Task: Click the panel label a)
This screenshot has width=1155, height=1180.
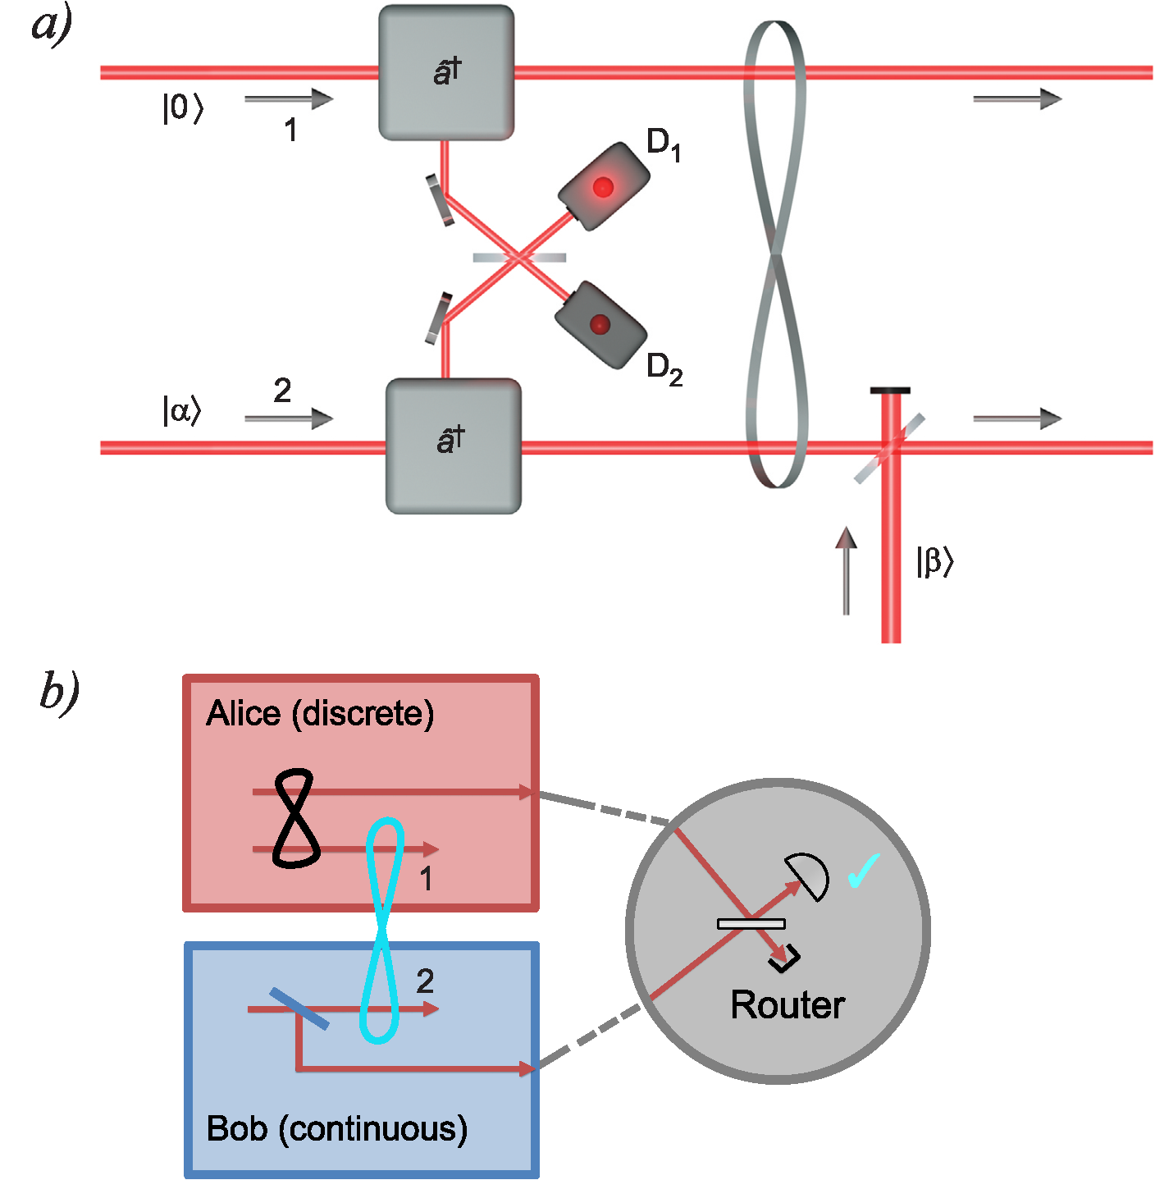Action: pyautogui.click(x=52, y=28)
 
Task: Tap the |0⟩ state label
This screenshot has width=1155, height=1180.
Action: pyautogui.click(x=182, y=108)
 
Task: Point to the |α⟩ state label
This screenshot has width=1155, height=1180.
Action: pyautogui.click(x=181, y=409)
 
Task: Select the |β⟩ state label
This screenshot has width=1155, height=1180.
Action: pyautogui.click(x=934, y=561)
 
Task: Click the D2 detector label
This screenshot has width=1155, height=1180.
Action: pyautogui.click(x=664, y=369)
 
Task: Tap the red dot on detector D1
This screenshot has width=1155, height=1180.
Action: pyautogui.click(x=603, y=187)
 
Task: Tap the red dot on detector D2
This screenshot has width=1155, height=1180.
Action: pyautogui.click(x=600, y=325)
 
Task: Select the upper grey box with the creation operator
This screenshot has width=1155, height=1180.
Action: pyautogui.click(x=446, y=72)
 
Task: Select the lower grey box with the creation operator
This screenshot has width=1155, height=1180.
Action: pyautogui.click(x=453, y=446)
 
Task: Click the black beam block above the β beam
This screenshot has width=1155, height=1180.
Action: pyautogui.click(x=890, y=390)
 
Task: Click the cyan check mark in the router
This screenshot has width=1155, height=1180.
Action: pyautogui.click(x=864, y=870)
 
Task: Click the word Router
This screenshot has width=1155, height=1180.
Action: pyautogui.click(x=787, y=1005)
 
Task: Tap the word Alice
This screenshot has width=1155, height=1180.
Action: pyautogui.click(x=243, y=713)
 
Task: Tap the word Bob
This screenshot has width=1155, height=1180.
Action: pyautogui.click(x=237, y=1128)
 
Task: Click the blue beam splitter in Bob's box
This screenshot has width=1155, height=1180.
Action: pyautogui.click(x=299, y=1008)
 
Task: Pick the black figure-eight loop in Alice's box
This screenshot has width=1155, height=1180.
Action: pyautogui.click(x=296, y=817)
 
